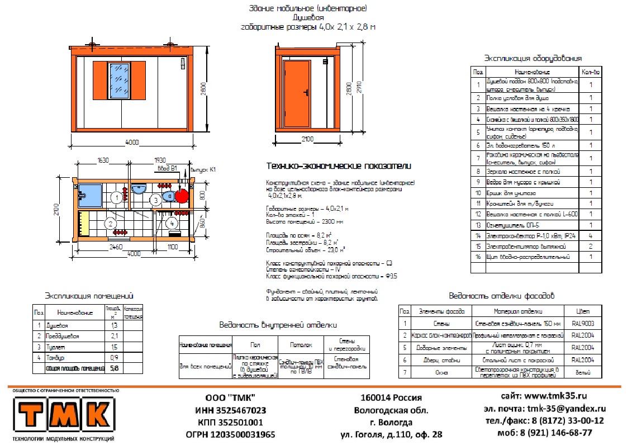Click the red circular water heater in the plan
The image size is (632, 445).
[x=182, y=196]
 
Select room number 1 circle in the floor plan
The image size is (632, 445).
[x=116, y=197]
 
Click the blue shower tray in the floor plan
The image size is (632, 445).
[x=89, y=195]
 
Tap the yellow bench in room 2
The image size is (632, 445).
[x=84, y=222]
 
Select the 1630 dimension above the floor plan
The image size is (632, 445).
[x=103, y=160]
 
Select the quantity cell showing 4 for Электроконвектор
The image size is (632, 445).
[x=591, y=236]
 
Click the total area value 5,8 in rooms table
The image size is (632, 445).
[x=114, y=368]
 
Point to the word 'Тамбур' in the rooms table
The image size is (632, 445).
[x=55, y=357]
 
